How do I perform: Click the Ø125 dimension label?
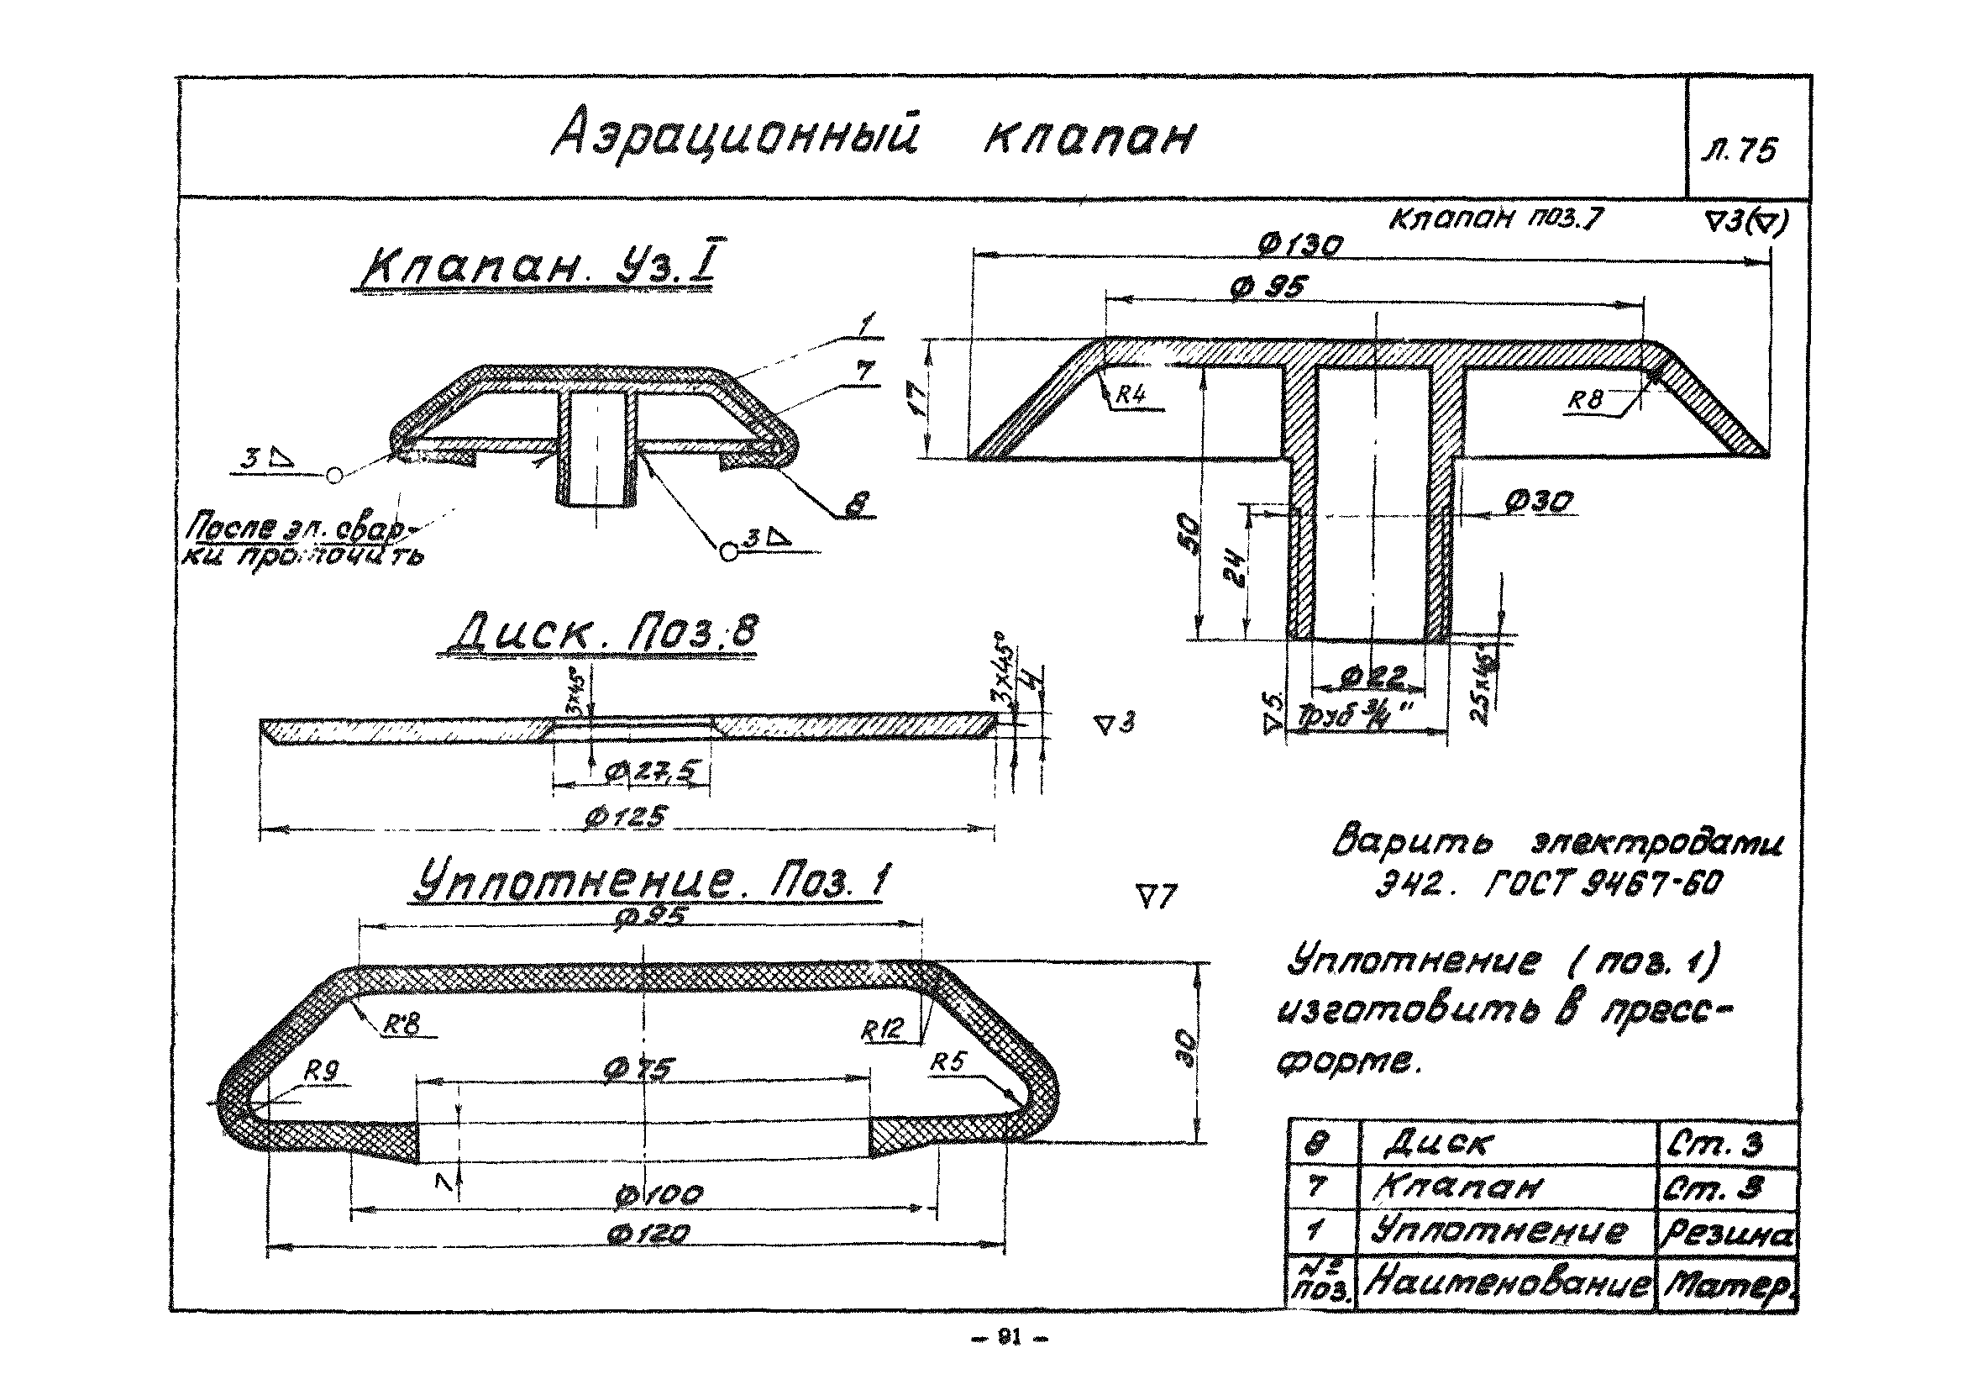point(625,817)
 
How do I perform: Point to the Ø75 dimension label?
point(639,1070)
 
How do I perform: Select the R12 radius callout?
point(881,1029)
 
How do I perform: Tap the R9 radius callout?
point(322,1071)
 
